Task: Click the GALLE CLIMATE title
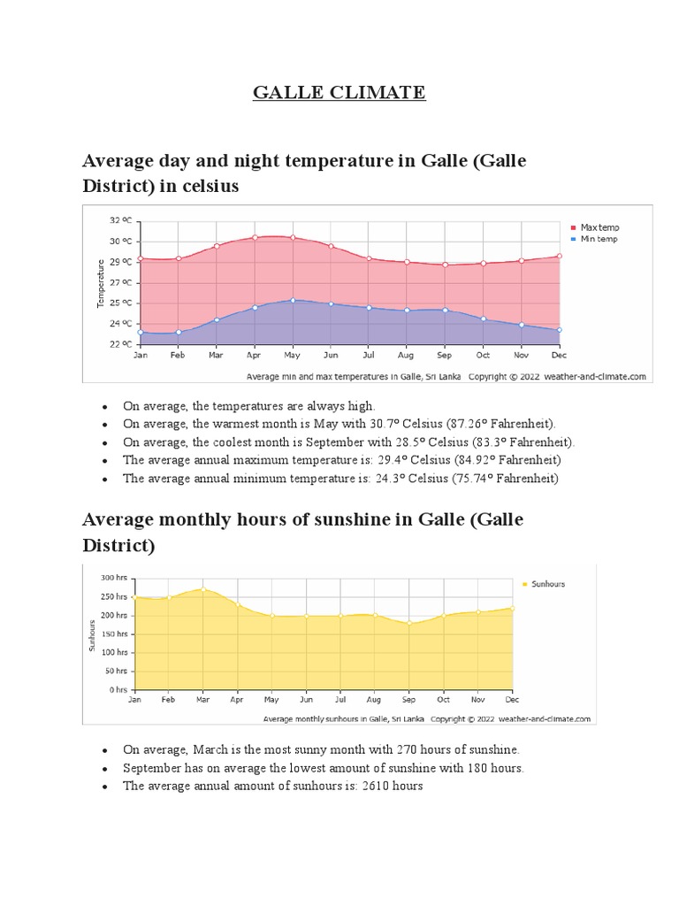(x=339, y=92)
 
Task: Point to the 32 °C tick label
(x=120, y=220)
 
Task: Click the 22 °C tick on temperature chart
(x=120, y=343)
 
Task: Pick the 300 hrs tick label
(x=115, y=578)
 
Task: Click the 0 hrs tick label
(x=118, y=689)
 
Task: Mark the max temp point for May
(x=293, y=237)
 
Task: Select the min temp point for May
(x=293, y=301)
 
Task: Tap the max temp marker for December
(x=559, y=257)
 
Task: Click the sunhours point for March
(x=202, y=589)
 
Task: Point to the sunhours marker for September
(x=408, y=623)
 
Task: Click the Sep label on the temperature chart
(x=444, y=355)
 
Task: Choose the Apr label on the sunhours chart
(x=237, y=699)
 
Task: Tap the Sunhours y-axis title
(x=91, y=633)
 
